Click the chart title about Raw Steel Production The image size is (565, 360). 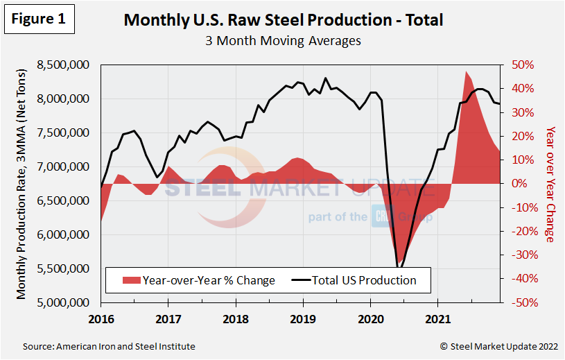click(283, 19)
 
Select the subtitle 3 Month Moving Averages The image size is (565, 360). click(283, 40)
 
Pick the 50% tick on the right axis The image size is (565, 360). click(524, 65)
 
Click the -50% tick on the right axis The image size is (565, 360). click(523, 302)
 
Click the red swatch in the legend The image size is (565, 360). click(130, 281)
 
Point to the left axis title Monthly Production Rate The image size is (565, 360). click(21, 184)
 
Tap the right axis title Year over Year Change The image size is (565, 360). click(550, 184)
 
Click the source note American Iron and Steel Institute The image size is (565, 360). click(109, 346)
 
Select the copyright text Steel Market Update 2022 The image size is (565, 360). click(496, 346)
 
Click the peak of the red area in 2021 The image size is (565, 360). click(466, 71)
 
